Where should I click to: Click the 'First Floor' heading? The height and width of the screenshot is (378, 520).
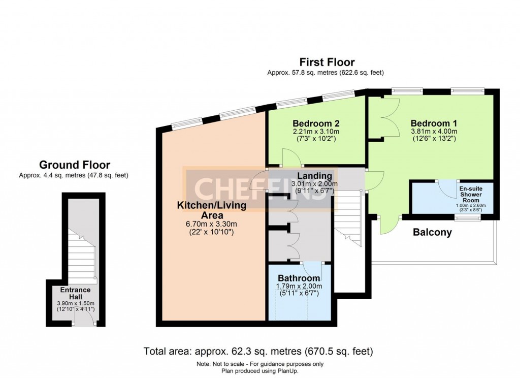pyautogui.click(x=327, y=62)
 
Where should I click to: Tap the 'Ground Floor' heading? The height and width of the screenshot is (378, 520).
pyautogui.click(x=75, y=165)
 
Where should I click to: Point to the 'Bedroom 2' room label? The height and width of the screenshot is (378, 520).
pyautogui.click(x=316, y=123)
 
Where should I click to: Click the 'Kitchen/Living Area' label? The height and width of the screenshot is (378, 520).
pyautogui.click(x=211, y=210)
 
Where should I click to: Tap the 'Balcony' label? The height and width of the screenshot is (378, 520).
pyautogui.click(x=432, y=233)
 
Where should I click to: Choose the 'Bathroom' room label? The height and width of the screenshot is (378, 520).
pyautogui.click(x=299, y=278)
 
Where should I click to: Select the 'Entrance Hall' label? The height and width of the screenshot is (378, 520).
pyautogui.click(x=75, y=293)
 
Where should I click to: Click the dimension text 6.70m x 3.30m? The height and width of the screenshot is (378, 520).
pyautogui.click(x=211, y=224)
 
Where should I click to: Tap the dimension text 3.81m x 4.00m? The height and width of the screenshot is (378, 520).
pyautogui.click(x=434, y=132)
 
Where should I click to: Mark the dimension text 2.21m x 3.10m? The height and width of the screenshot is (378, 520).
pyautogui.click(x=316, y=132)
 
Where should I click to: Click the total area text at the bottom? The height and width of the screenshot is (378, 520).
pyautogui.click(x=259, y=351)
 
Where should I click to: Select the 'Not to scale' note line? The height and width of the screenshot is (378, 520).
pyautogui.click(x=259, y=364)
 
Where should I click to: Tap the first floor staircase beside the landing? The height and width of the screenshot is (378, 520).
pyautogui.click(x=348, y=218)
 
